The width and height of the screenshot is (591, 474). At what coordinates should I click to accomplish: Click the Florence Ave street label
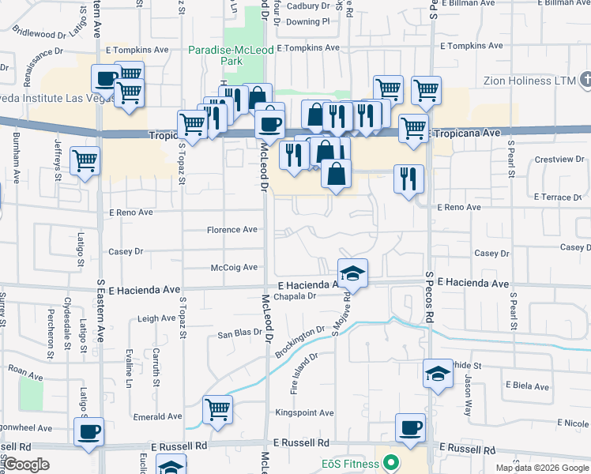232,230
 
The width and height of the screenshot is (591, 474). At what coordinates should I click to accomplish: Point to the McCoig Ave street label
234,268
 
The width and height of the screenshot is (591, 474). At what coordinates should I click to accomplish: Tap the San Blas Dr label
239,334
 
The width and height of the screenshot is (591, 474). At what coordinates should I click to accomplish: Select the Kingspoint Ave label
304,413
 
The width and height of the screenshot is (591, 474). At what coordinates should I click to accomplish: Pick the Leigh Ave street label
156,318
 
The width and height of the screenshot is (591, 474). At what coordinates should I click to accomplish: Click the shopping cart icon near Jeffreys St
85,161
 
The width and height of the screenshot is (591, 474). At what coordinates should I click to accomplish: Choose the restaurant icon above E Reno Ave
408,179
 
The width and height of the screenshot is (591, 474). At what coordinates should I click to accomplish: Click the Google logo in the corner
27,465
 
